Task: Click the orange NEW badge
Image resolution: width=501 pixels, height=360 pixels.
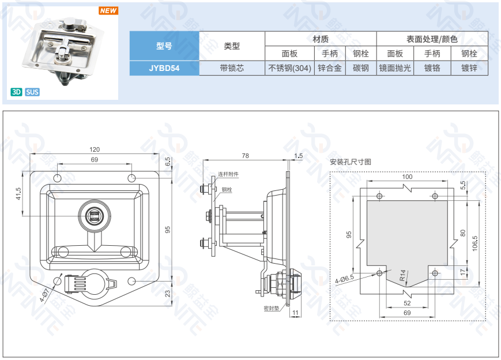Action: tap(108, 11)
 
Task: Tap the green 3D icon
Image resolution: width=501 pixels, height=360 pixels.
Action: tap(16, 92)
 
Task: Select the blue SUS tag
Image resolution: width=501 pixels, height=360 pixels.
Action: tap(32, 92)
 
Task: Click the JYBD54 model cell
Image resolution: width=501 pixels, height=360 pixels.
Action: tap(164, 68)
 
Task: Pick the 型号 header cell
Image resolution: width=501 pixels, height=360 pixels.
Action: tap(164, 46)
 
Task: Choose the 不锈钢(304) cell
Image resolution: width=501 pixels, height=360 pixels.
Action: tap(290, 68)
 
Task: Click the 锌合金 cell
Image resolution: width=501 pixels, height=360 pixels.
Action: tap(330, 68)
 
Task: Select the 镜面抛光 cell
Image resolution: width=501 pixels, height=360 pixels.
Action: tap(395, 68)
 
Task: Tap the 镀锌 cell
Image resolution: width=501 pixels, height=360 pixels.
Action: tap(469, 68)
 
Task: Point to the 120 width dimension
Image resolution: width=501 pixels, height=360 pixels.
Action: tap(95, 149)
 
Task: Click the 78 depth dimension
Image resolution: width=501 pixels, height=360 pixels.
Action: tap(245, 156)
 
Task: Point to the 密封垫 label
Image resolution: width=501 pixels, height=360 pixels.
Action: tap(271, 309)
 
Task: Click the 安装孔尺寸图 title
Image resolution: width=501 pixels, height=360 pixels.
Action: tap(351, 162)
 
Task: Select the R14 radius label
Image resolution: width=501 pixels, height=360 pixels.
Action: tap(403, 275)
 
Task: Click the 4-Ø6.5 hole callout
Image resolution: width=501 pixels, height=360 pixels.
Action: tap(344, 279)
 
